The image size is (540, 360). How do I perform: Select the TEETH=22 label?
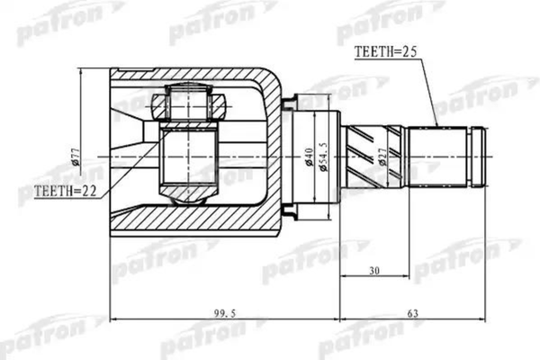65,192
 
